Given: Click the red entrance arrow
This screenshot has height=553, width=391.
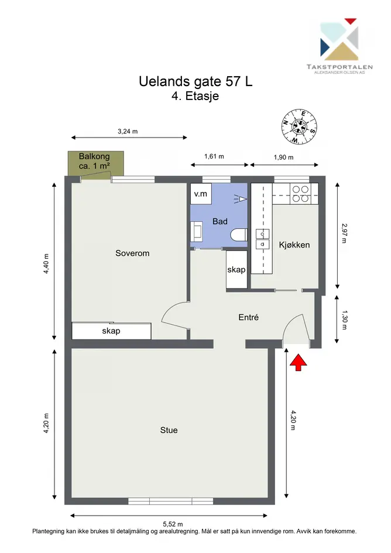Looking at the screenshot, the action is coord(298,363).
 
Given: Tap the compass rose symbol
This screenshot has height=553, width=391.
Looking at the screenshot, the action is coord(299,126).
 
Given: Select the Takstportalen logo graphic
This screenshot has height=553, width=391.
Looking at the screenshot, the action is coord(339,39).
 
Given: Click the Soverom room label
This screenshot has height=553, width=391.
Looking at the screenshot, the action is coord(132,253).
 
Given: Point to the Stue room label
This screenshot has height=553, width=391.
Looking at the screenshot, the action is coord(169,430).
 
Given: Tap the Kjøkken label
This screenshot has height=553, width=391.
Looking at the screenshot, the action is coord(294,245).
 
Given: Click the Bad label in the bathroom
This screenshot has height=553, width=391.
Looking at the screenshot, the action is coord(220,221).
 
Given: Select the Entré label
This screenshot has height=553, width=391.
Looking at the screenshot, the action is coord(248,317).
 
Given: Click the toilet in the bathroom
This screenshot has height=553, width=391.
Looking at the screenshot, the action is coord(239,235).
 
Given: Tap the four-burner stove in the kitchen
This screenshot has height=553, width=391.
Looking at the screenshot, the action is coord(300,194).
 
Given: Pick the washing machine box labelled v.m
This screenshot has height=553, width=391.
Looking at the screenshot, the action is coord(201,194).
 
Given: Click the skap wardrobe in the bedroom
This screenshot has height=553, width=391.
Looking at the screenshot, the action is coord(112,331).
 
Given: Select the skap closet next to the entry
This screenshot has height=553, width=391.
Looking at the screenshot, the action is coord(236,270).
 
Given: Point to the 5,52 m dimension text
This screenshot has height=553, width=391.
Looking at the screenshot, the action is coord(173,524).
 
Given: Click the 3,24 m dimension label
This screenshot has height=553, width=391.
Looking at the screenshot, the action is coord(128,131).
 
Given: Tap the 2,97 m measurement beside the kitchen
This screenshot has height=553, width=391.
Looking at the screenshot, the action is coord(344,233).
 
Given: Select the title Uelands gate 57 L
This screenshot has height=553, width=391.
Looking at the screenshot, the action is coord(195,81).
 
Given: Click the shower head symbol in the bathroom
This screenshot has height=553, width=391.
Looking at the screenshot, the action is coord(240,200).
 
